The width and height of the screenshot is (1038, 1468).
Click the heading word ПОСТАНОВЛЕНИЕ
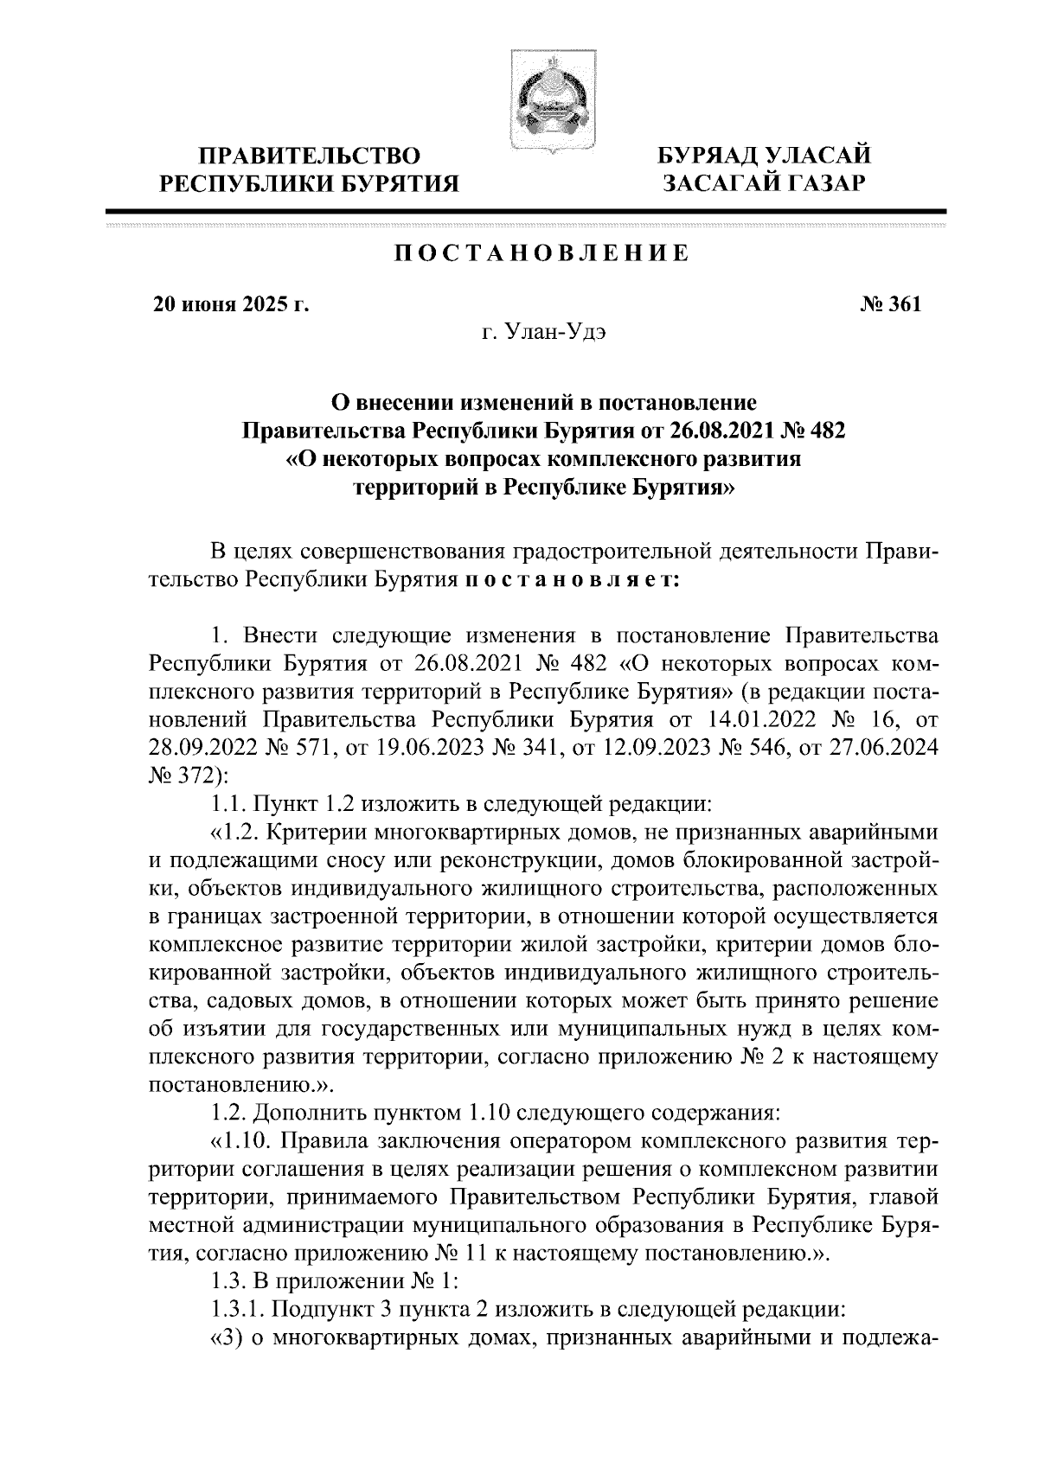(542, 253)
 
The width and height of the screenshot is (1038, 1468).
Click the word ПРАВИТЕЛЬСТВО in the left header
(311, 157)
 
